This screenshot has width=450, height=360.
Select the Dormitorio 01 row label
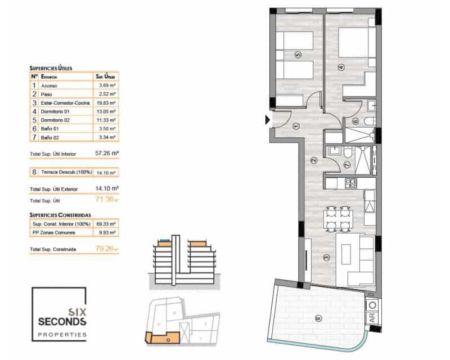[53, 111]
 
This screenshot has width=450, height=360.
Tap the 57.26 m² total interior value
[107, 152]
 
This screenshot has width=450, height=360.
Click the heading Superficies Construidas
[60, 215]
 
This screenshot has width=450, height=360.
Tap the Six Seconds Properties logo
[59, 314]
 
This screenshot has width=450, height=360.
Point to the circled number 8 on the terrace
[319, 319]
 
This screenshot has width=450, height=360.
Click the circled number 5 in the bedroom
[298, 55]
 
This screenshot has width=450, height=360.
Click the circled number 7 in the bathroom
[346, 165]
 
